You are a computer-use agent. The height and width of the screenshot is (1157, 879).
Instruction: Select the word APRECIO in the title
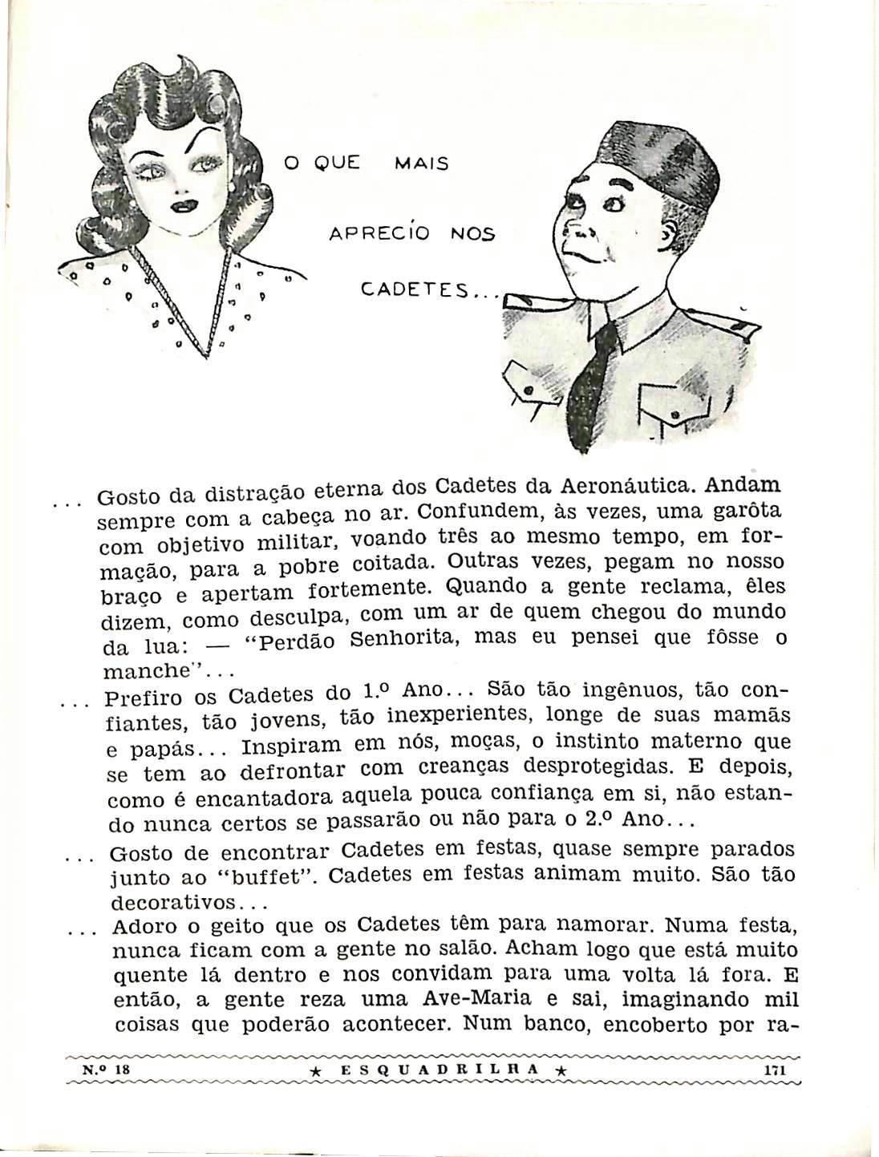coord(379,234)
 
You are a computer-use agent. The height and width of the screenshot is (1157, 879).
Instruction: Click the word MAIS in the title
coord(422,164)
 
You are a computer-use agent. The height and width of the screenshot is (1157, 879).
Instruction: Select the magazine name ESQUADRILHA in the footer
coord(439,1070)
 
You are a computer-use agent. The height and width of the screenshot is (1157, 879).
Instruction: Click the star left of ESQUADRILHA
coord(315,1071)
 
